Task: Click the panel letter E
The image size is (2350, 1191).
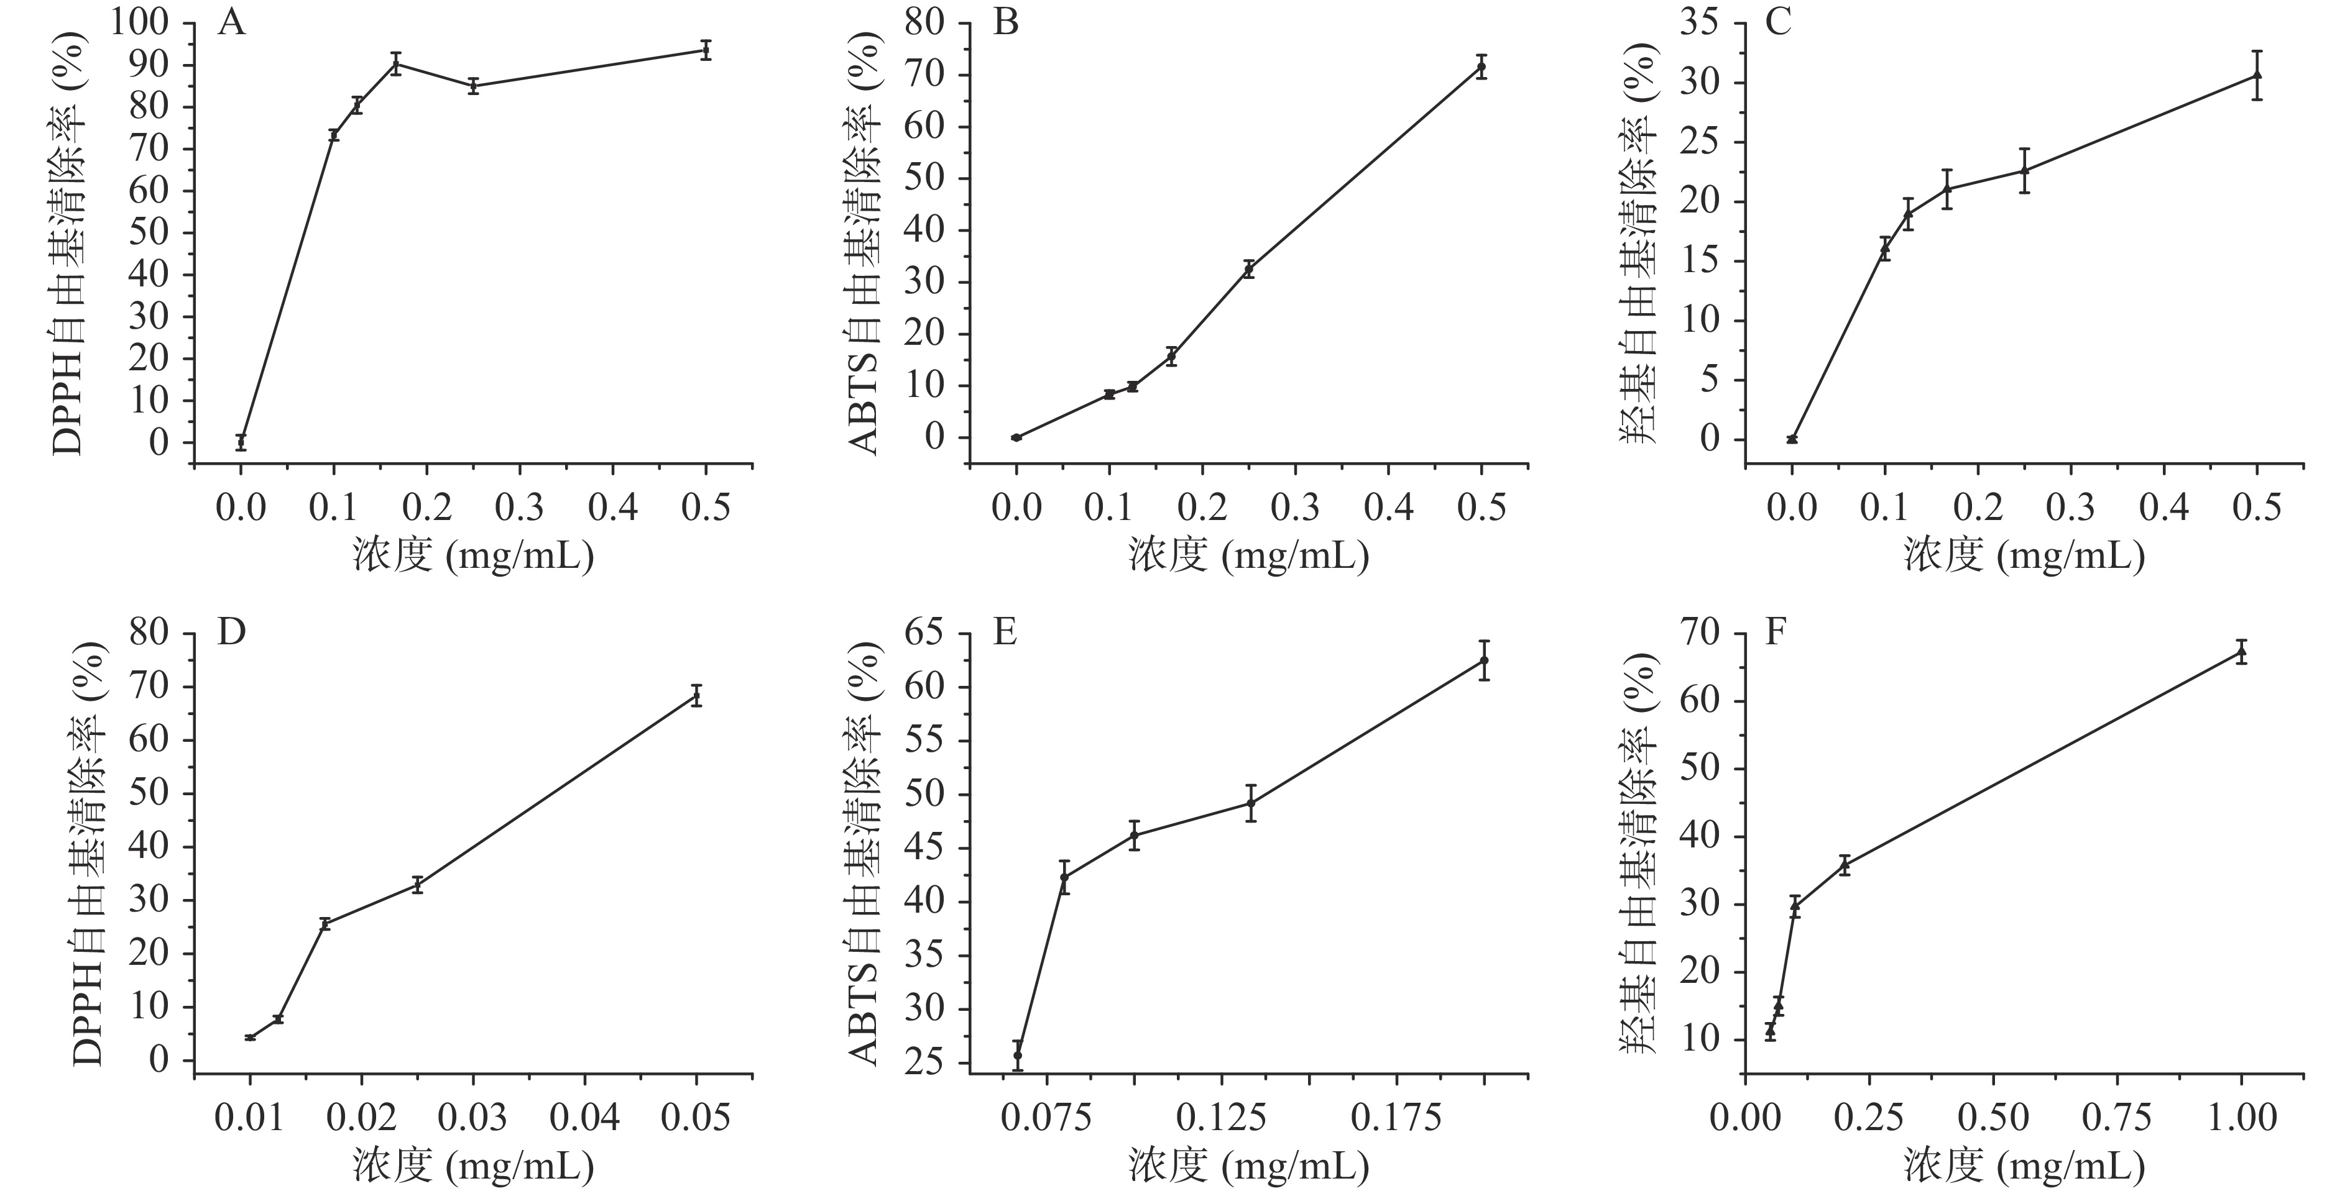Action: tap(1005, 632)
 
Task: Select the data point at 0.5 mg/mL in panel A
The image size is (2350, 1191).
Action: tap(705, 50)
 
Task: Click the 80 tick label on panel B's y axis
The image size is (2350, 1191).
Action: tap(927, 23)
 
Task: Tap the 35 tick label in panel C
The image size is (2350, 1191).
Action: tap(1702, 23)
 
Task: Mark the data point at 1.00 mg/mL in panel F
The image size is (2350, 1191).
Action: tap(2241, 653)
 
